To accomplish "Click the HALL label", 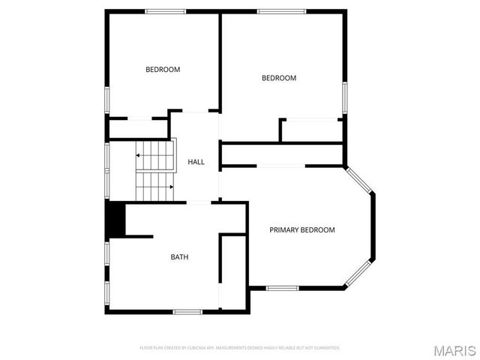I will pos(196,162).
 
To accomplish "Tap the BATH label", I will pos(179,257).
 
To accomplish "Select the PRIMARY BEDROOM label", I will pos(302,230).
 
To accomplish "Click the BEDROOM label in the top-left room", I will pos(163,70).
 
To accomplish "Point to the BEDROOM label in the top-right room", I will pos(278,78).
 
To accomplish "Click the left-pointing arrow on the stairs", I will pos(139,155).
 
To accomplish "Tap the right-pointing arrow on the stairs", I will pos(171,187).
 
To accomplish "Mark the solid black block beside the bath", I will pos(115,218).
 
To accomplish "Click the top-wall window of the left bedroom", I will pos(165,11).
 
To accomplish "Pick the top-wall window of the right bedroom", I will pos(281,11).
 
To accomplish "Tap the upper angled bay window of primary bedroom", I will pos(358,180).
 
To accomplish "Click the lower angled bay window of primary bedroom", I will pos(358,273).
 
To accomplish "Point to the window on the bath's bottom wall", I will pos(187,311).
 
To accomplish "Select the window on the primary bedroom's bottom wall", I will pos(283,288).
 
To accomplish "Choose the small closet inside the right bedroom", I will pos(311,130).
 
